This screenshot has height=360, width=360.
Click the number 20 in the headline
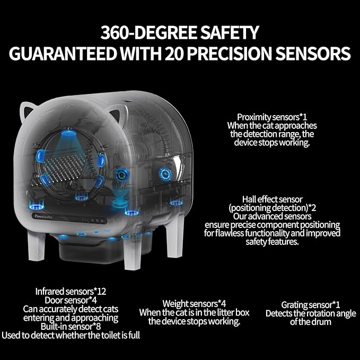click(x=174, y=54)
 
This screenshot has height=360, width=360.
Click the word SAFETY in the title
click(x=230, y=32)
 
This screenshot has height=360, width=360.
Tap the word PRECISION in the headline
click(x=230, y=54)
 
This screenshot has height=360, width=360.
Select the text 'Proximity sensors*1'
click(x=272, y=117)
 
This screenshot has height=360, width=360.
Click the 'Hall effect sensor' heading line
click(x=273, y=199)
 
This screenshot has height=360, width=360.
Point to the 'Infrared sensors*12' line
click(x=71, y=292)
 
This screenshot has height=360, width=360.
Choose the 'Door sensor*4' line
click(x=71, y=300)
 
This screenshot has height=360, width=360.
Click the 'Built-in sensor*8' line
click(x=71, y=326)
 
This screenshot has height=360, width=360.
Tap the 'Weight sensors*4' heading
click(x=194, y=303)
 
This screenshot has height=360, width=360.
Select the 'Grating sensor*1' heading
click(x=310, y=305)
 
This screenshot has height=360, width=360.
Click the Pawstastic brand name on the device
click(x=43, y=216)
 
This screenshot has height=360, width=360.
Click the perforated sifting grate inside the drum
click(x=65, y=167)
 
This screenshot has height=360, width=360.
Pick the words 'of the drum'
click(x=310, y=322)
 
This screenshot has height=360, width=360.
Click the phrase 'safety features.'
click(x=273, y=242)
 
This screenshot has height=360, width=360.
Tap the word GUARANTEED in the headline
click(x=63, y=54)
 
